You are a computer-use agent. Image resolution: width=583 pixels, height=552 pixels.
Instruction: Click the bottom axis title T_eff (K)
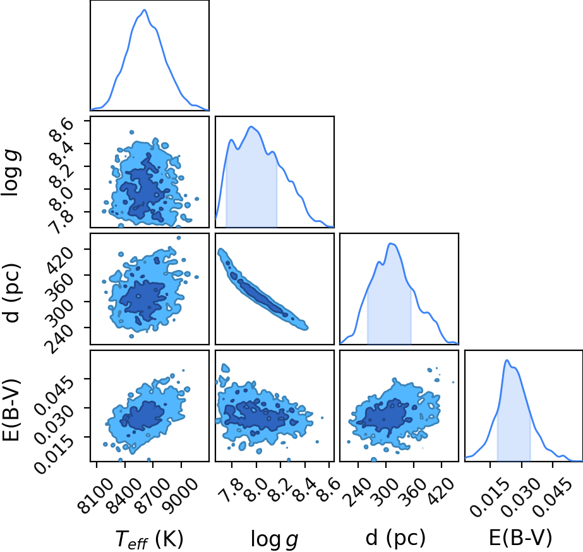pos(150,539)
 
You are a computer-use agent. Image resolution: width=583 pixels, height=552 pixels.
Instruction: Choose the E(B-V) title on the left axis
pos(11,410)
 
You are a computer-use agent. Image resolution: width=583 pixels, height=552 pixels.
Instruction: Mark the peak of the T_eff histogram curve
pos(144,9)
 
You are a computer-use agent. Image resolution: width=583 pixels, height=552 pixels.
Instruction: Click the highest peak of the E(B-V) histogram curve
pos(507,360)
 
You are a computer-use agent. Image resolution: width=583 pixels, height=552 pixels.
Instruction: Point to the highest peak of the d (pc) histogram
pos(391,243)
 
